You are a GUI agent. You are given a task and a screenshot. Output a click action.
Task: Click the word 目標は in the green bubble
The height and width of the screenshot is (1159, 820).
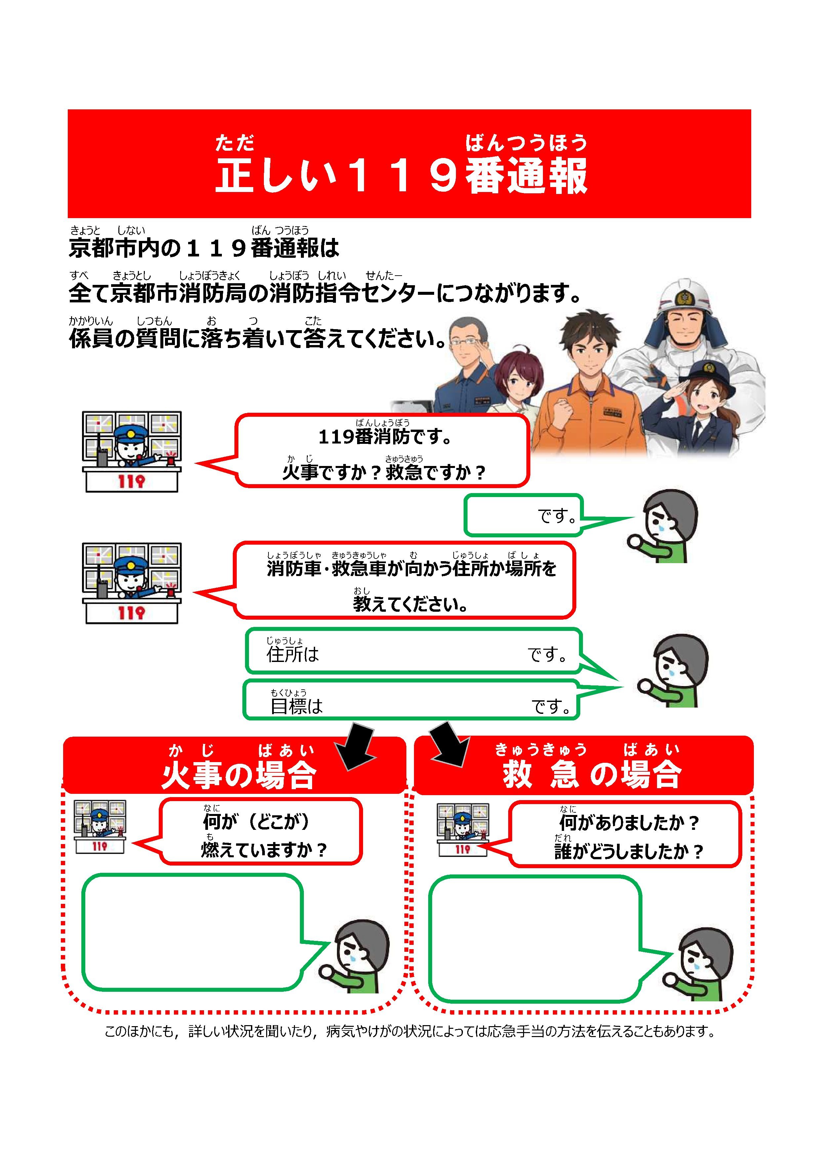[x=296, y=706]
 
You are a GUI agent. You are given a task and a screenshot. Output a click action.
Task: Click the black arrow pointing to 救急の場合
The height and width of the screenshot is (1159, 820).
[x=448, y=745]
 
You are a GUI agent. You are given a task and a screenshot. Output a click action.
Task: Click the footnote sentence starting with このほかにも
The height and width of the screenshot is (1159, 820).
[x=410, y=1031]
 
